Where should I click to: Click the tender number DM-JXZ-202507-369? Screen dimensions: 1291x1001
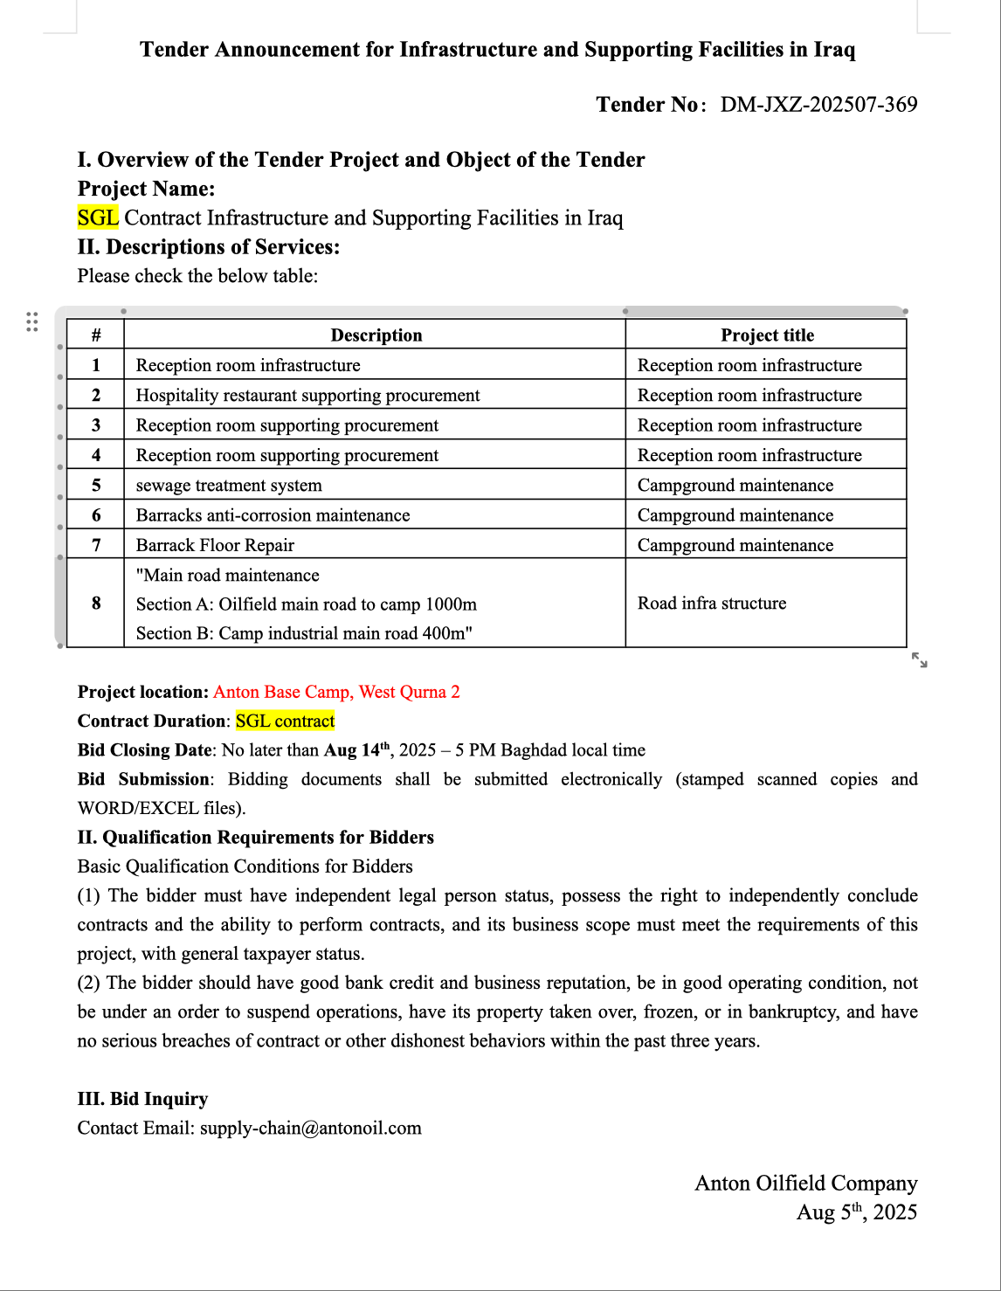point(818,105)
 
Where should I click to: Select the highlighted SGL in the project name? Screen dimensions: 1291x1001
point(98,217)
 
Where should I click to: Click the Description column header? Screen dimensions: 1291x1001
point(376,335)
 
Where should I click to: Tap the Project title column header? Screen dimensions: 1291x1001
point(767,335)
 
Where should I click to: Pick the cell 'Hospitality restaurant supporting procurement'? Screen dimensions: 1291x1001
point(307,395)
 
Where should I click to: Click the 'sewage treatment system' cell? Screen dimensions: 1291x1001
point(229,485)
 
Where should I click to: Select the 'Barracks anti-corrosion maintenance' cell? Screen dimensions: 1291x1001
point(273,515)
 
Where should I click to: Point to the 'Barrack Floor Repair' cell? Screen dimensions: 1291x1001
point(215,545)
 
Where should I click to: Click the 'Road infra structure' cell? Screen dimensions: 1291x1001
point(711,603)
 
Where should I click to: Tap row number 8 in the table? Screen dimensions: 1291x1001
point(96,603)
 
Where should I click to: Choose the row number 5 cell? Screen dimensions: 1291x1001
point(96,485)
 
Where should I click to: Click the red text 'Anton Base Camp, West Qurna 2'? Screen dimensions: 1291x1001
point(336,692)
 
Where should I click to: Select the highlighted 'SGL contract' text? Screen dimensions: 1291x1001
point(286,721)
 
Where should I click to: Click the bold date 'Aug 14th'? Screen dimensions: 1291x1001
point(357,749)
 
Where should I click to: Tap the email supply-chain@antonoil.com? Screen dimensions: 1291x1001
point(310,1128)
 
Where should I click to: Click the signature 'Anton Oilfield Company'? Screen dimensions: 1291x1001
point(805,1183)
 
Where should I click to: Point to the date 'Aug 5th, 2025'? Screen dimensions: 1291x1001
point(856,1212)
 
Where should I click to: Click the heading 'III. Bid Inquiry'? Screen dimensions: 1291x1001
point(142,1099)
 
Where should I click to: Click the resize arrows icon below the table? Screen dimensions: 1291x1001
point(919,659)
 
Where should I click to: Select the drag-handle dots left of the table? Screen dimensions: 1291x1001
point(32,321)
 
